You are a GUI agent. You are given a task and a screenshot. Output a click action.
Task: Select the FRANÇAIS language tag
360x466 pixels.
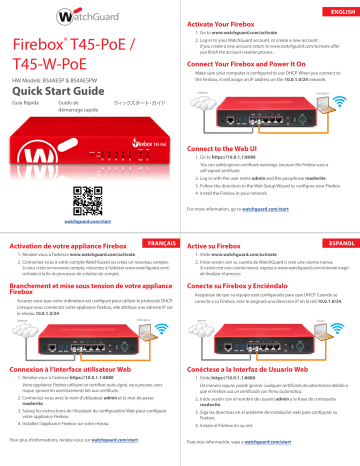point(155,243)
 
